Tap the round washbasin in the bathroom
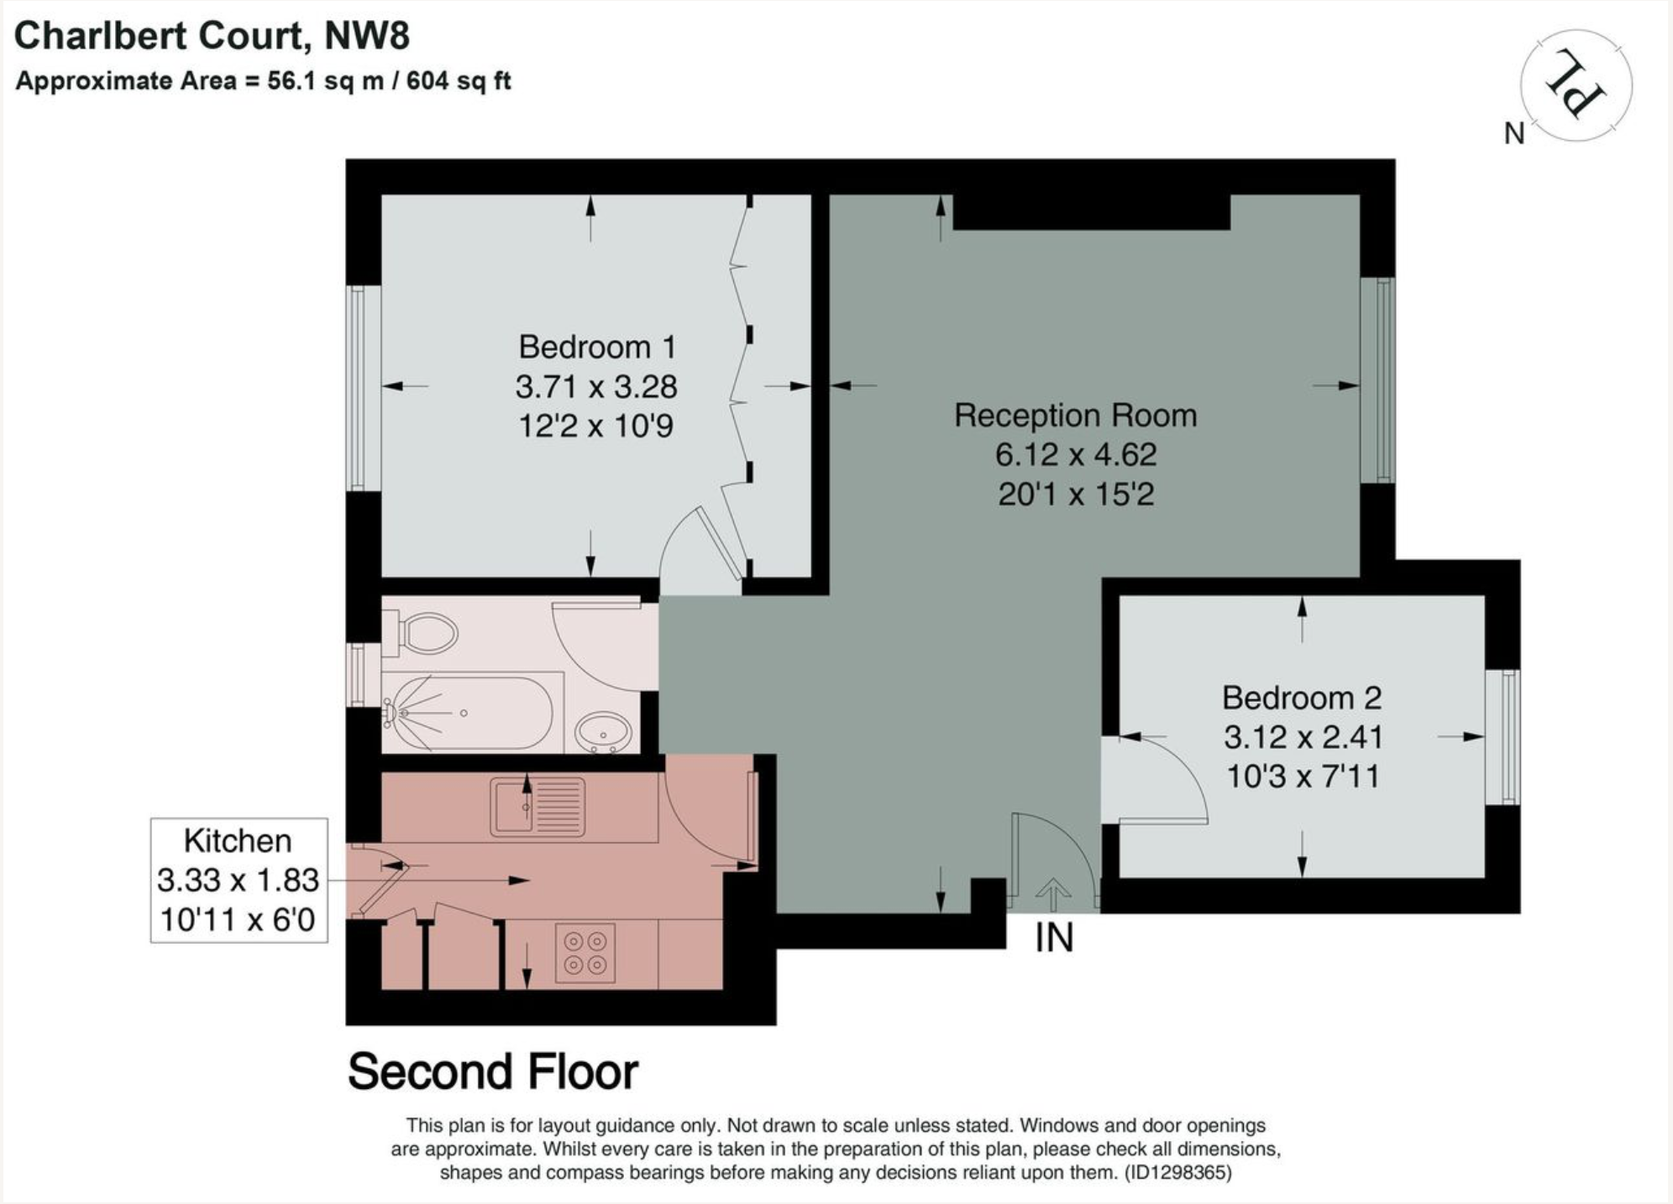coord(603,733)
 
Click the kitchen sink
coord(538,806)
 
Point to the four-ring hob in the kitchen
coord(585,953)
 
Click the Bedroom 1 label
coord(596,347)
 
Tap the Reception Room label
coord(1076,416)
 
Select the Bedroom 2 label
coord(1302,698)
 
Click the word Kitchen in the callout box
coord(238,840)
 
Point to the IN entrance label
coord(1054,937)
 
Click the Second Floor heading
coord(493,1072)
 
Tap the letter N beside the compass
coord(1514,133)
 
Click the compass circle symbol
coord(1576,84)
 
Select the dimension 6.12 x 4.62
coord(1076,454)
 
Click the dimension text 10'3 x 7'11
coord(1303,776)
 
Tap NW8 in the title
coord(367,36)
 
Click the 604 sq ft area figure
coord(459,81)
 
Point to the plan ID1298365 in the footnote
coord(1178,1172)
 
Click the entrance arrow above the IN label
coord(1053,893)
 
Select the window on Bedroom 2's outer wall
coord(1503,736)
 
